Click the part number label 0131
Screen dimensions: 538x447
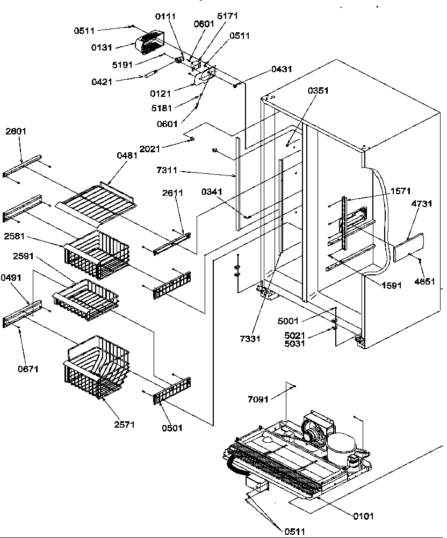click(x=101, y=48)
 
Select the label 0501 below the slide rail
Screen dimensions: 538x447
click(x=171, y=428)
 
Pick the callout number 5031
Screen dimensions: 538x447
click(x=295, y=343)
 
